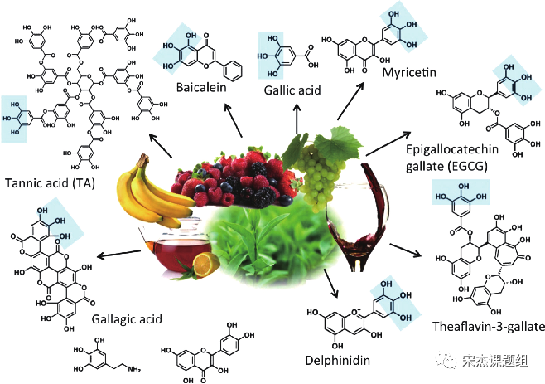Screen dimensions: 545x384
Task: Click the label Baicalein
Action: click(201, 87)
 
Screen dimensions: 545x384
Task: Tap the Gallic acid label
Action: click(292, 90)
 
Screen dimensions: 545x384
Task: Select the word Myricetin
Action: click(409, 72)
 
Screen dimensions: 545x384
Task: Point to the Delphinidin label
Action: click(337, 360)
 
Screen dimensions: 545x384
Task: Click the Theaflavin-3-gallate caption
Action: click(489, 327)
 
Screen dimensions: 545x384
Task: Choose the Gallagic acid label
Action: click(127, 319)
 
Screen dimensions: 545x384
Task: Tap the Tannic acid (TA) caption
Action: click(50, 183)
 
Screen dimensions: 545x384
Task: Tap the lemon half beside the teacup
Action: click(205, 265)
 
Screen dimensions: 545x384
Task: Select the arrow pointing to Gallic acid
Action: click(297, 119)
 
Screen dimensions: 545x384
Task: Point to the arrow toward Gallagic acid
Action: click(119, 254)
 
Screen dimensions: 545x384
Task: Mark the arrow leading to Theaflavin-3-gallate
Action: click(405, 250)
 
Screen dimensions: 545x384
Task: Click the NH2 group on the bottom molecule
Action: click(134, 369)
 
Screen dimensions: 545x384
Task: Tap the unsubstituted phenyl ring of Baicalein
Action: click(232, 70)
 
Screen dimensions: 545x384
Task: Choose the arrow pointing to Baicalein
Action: click(234, 120)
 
